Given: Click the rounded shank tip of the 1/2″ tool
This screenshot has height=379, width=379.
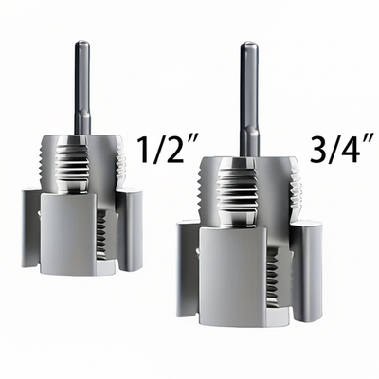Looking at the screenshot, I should pyautogui.click(x=81, y=45).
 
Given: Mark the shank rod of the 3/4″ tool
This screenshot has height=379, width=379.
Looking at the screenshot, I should pyautogui.click(x=248, y=95).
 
